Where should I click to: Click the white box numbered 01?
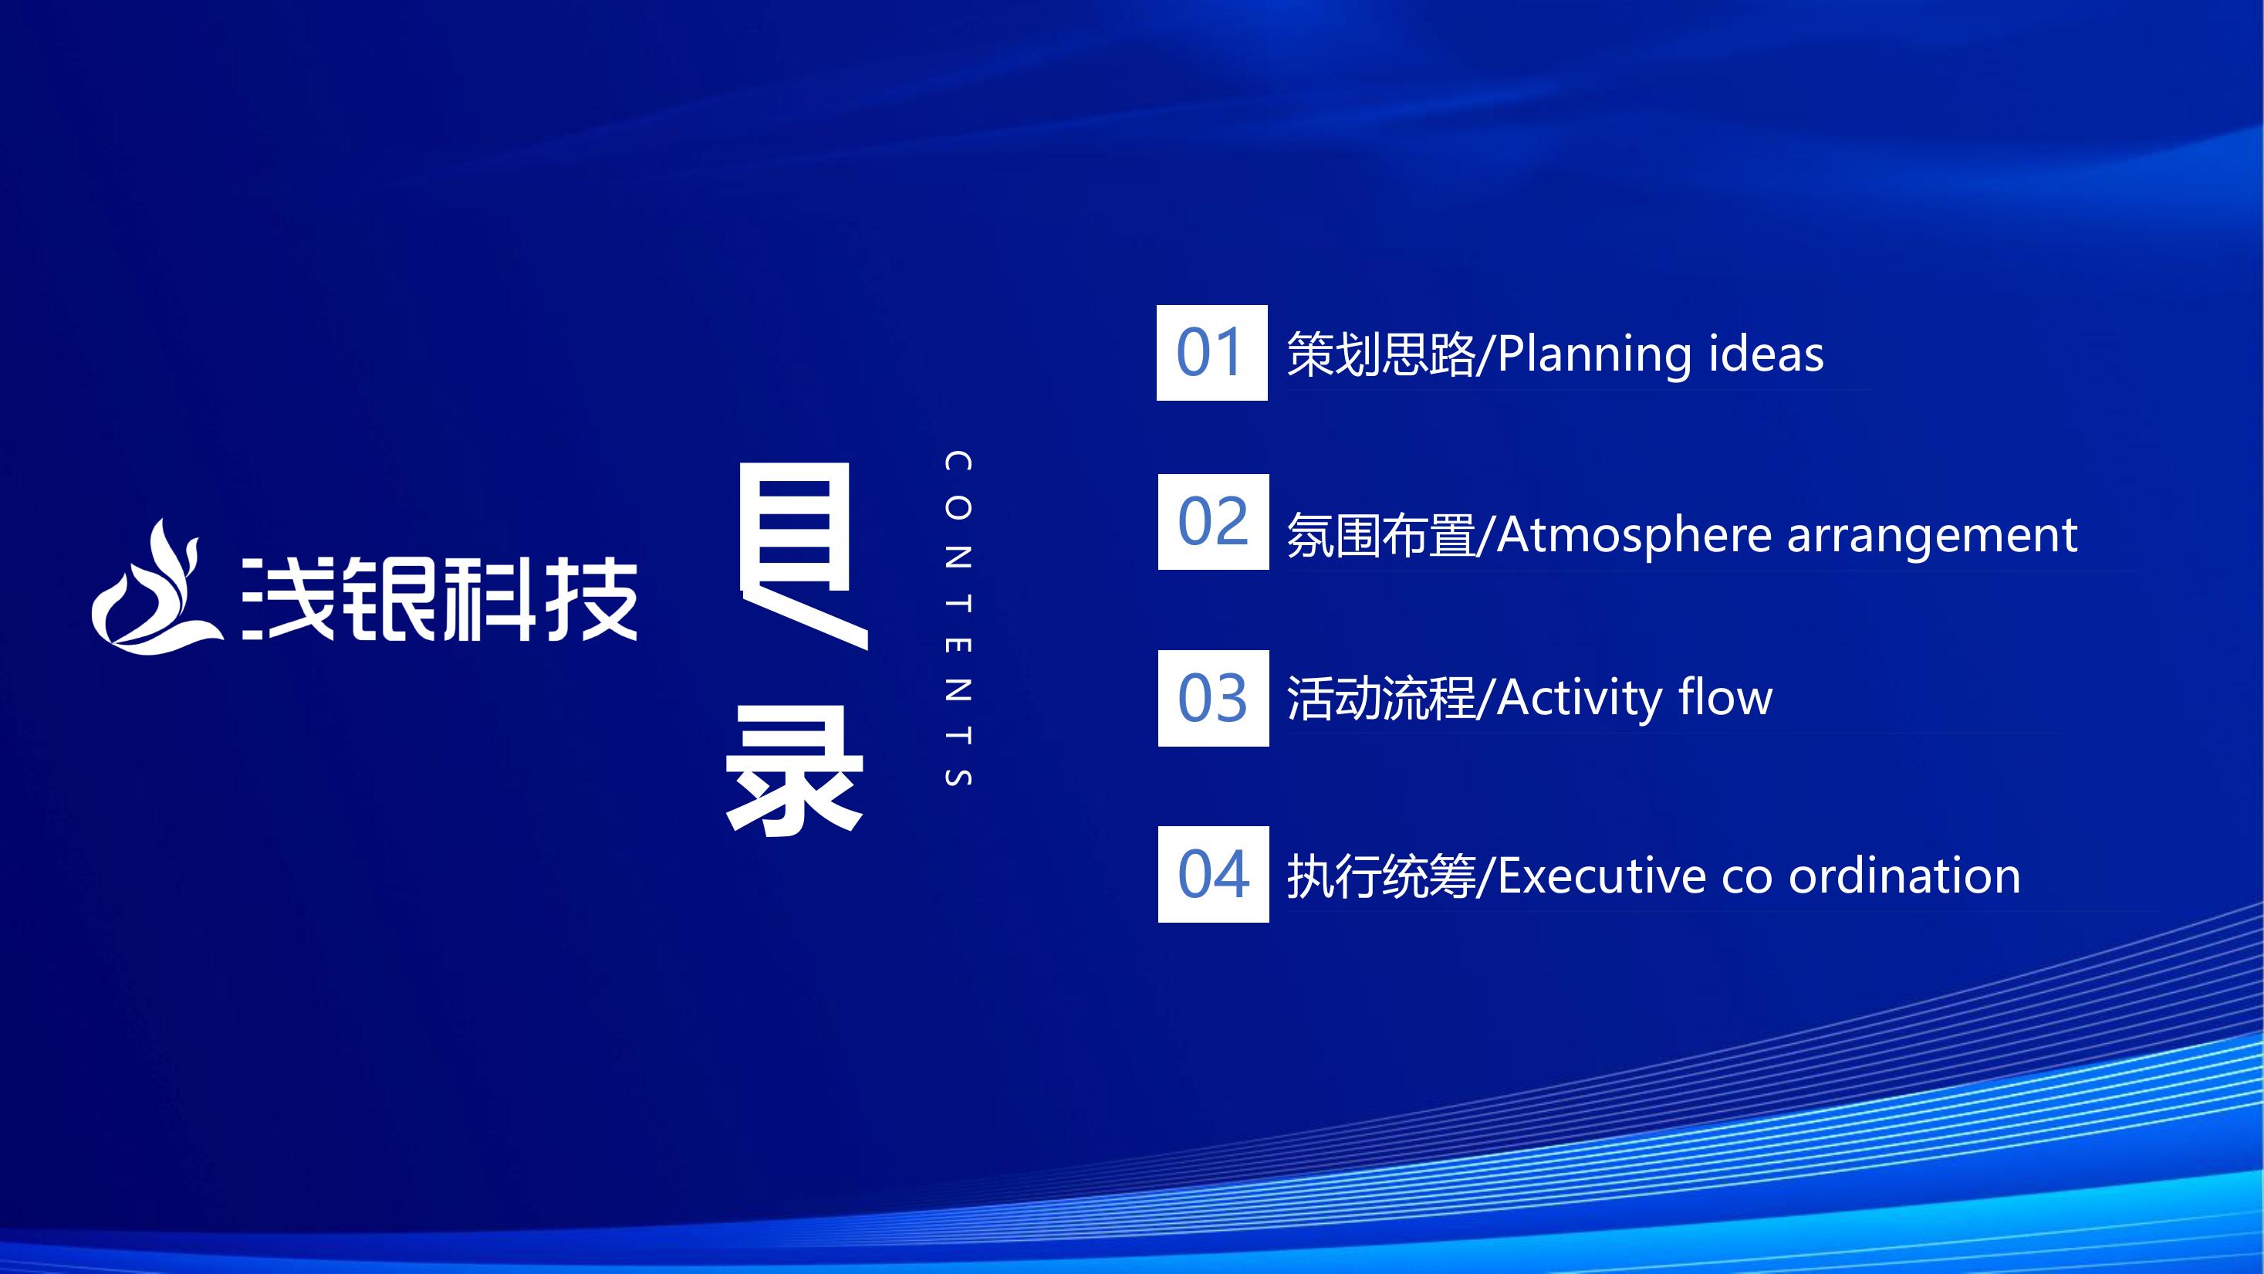point(1212,353)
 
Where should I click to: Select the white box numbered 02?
point(1213,521)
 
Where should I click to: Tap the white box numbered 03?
point(1213,698)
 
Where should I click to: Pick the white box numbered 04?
point(1213,874)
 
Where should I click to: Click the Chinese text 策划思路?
point(1381,354)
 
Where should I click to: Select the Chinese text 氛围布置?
point(1381,535)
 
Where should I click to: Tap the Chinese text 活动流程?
point(1381,699)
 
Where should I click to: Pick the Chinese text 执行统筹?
point(1381,876)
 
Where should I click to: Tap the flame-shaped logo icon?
point(156,589)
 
